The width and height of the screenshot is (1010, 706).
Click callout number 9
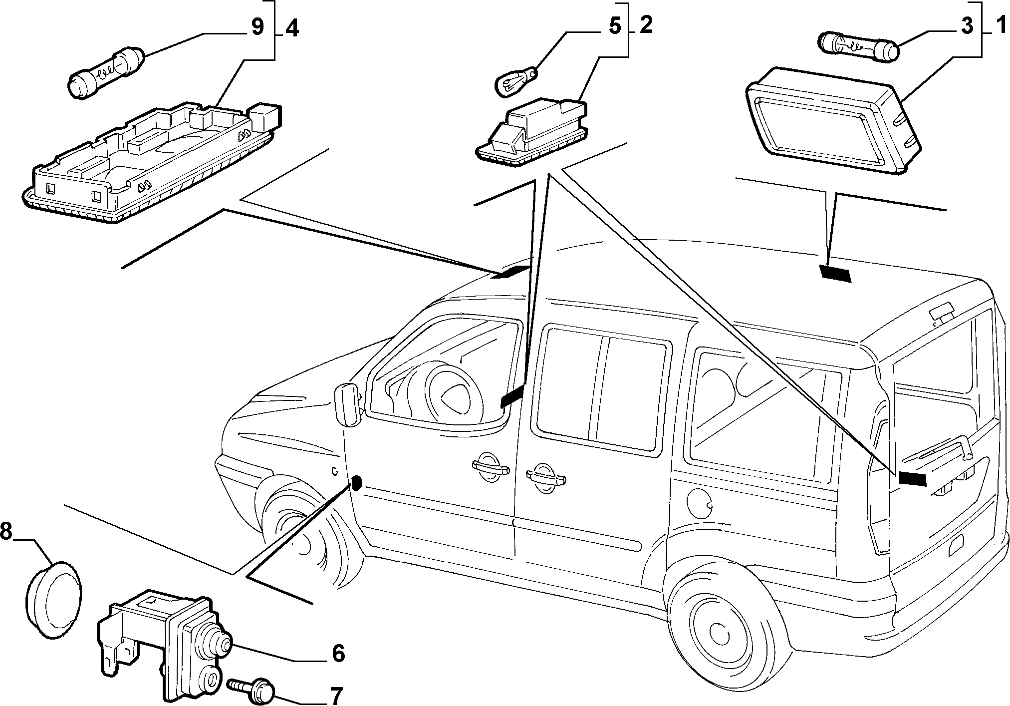(x=257, y=27)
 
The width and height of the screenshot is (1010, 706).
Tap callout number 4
(x=292, y=28)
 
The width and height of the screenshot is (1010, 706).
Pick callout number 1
(x=999, y=25)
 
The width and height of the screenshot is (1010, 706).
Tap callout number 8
(x=6, y=533)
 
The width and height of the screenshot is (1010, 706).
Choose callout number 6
(x=338, y=653)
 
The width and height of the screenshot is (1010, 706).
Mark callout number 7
(x=336, y=696)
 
